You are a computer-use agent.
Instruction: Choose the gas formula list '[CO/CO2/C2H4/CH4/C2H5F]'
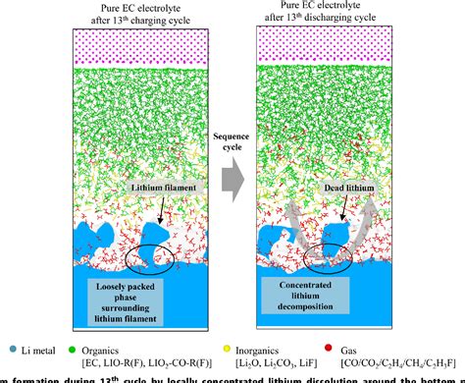pos(403,363)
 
